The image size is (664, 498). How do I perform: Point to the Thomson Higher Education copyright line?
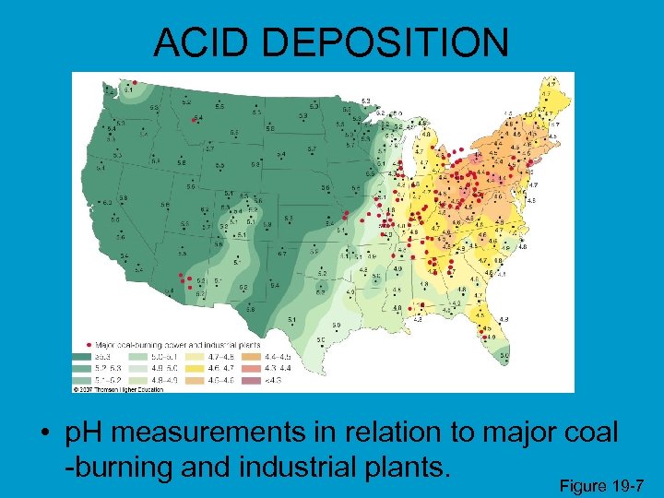coord(120,388)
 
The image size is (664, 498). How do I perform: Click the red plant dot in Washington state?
coord(135,81)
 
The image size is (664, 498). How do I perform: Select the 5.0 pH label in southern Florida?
coord(504,355)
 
